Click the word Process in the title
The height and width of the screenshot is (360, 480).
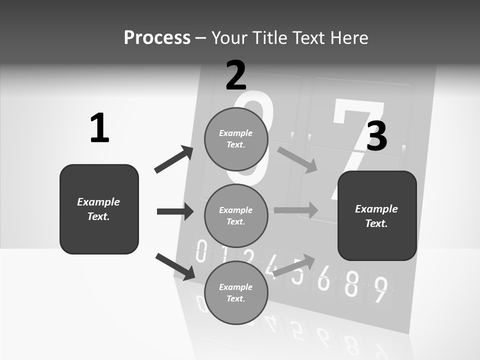pyautogui.click(x=157, y=37)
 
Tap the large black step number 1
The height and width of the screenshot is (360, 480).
pyautogui.click(x=99, y=128)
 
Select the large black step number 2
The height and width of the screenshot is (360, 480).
pyautogui.click(x=236, y=75)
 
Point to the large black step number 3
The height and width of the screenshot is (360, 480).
pyautogui.click(x=376, y=136)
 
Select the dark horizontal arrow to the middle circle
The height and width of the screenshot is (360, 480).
pyautogui.click(x=175, y=211)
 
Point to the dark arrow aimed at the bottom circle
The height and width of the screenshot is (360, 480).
pyautogui.click(x=175, y=266)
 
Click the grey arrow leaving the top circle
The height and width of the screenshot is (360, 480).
pyautogui.click(x=297, y=159)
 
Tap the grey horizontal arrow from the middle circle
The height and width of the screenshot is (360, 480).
pyautogui.click(x=296, y=210)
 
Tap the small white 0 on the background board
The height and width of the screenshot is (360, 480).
pyautogui.click(x=201, y=251)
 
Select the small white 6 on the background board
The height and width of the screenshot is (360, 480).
pyautogui.click(x=324, y=278)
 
